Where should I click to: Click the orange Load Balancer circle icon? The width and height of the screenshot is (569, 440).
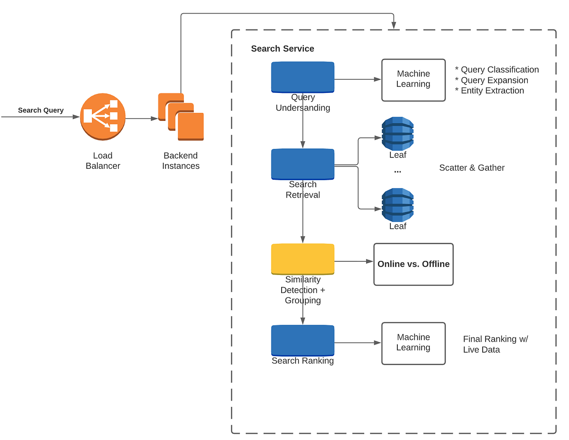click(x=102, y=117)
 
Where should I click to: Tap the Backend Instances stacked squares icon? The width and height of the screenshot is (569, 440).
click(x=181, y=117)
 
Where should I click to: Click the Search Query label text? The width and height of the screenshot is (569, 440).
click(x=41, y=110)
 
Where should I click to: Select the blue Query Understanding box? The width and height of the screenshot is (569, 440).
click(x=303, y=77)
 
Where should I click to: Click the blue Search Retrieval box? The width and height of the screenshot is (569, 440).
click(x=303, y=164)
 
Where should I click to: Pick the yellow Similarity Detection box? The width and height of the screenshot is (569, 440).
click(x=303, y=259)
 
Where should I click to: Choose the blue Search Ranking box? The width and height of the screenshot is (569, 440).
click(x=303, y=340)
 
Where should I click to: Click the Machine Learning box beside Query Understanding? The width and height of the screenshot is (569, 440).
click(x=413, y=80)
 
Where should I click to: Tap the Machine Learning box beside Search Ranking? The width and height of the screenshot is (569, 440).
click(x=413, y=343)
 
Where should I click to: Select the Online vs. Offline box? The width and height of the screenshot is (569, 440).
click(x=413, y=264)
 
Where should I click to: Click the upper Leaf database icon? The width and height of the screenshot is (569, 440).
click(x=398, y=134)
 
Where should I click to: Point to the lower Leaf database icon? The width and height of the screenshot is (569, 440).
click(x=398, y=205)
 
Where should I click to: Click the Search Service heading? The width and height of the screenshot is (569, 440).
click(x=283, y=48)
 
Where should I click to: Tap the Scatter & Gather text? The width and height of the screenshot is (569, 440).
click(x=472, y=168)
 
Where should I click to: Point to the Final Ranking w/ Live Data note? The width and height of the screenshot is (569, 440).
click(x=495, y=344)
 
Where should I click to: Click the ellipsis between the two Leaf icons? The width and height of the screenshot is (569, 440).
click(x=397, y=171)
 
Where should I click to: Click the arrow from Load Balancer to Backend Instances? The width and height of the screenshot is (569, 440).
click(x=141, y=119)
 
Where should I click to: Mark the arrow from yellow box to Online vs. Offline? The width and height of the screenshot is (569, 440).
click(x=354, y=261)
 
